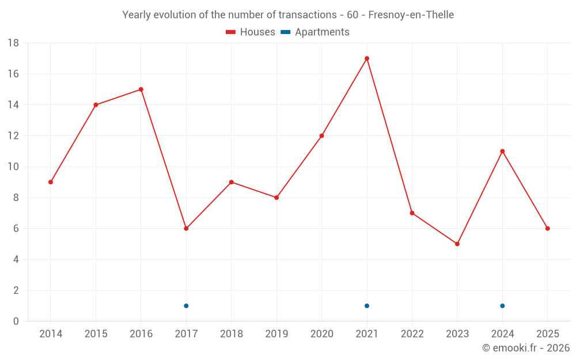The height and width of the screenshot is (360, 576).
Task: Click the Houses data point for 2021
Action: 367,58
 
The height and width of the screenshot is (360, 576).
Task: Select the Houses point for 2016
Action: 141,89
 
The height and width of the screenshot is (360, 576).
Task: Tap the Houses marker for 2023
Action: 457,244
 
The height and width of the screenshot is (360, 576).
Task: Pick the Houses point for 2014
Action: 51,182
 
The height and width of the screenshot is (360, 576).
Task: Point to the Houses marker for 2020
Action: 321,136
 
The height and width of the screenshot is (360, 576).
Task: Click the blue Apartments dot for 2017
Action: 186,306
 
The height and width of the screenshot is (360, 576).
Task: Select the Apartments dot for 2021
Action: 367,306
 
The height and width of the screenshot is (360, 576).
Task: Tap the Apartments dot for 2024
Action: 502,306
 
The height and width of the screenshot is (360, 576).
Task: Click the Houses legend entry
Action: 251,32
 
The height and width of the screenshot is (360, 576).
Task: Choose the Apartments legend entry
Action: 316,32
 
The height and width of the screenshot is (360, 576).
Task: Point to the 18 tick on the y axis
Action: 13,43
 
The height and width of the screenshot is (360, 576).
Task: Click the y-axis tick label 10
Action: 13,167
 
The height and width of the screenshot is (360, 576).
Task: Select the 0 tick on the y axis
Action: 16,321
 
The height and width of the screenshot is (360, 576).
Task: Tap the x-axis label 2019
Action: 276,334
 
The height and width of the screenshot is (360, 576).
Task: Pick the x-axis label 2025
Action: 548,334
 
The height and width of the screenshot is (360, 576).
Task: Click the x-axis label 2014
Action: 51,334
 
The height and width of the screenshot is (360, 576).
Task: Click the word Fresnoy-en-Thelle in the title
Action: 411,15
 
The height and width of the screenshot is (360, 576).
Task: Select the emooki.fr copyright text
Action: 526,348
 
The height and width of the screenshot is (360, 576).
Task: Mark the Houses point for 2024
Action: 502,151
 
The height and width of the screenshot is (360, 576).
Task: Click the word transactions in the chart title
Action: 305,15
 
